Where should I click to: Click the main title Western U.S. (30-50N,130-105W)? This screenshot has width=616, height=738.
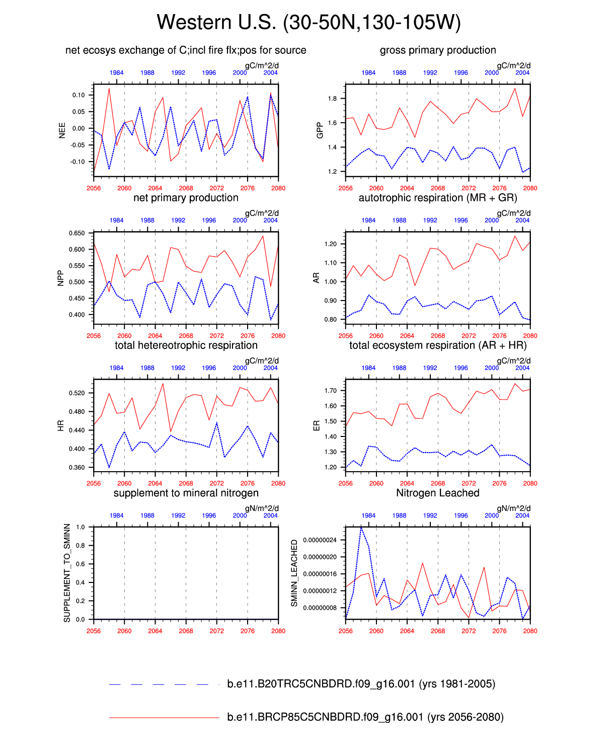coord(308,23)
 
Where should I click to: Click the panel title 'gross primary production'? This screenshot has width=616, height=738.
coord(438,50)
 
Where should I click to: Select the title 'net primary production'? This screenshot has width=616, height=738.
coord(186,198)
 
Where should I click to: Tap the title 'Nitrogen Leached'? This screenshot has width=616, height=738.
coord(437,493)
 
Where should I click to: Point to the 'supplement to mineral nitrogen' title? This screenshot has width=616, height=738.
coord(186,493)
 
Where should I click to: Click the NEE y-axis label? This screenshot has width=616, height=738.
coord(62,130)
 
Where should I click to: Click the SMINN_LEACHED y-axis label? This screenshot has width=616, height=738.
coord(294,573)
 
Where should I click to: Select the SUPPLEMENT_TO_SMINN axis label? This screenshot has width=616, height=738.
coord(67,573)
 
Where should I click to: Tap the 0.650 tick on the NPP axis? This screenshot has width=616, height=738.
coord(77,233)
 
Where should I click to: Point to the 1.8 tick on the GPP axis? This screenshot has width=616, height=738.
coord(332,99)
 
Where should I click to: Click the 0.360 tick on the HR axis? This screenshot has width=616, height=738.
coord(77,468)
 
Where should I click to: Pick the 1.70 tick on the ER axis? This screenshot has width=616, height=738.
coord(330,391)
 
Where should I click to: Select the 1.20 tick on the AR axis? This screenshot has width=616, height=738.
coord(330,244)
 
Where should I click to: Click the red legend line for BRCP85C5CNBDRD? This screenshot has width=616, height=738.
coord(164,717)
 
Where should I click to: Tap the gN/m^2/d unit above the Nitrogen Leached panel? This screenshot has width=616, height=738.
coord(513,508)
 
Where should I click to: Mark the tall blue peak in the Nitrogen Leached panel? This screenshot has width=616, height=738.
coord(361,528)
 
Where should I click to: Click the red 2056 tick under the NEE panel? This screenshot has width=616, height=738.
coord(94,188)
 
